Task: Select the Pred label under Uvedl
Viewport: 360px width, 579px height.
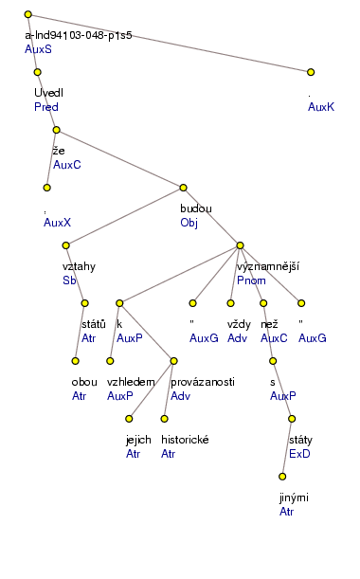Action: tap(45, 107)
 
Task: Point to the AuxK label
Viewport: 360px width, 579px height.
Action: tap(320, 107)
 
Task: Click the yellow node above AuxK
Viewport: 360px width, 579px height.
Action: tap(311, 72)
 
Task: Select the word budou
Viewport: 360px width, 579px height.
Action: tap(196, 208)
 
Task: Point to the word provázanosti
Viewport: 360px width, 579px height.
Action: tap(203, 382)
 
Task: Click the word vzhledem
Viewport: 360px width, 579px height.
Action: tap(130, 382)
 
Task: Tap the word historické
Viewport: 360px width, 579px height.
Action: tap(185, 440)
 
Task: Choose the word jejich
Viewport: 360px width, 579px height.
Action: tap(140, 440)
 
